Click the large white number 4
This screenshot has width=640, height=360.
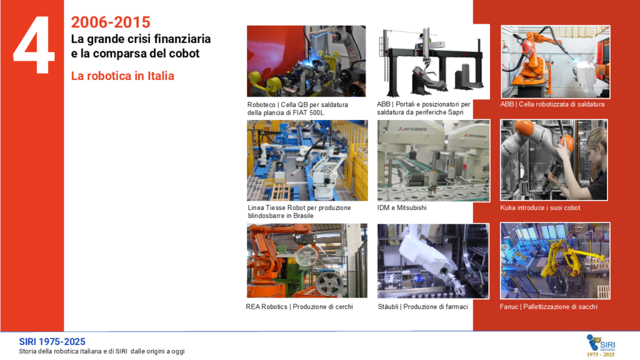click(x=34, y=45)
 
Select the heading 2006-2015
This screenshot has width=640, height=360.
click(x=111, y=22)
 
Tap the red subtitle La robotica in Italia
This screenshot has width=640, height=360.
click(x=122, y=76)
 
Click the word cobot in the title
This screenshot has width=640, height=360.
click(x=186, y=54)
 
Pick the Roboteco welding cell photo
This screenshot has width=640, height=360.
click(x=306, y=61)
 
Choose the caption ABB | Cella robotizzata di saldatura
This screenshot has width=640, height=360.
click(x=552, y=104)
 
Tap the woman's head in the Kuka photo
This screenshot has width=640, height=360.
click(x=596, y=141)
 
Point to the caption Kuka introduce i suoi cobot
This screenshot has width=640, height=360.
click(x=540, y=207)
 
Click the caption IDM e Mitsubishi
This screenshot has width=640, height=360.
click(x=402, y=207)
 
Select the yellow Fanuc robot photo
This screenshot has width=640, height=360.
click(x=555, y=261)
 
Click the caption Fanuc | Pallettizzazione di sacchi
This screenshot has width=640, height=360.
click(x=548, y=306)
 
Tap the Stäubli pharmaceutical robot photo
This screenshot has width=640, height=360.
click(x=433, y=261)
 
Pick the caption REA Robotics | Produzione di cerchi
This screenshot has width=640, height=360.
click(x=299, y=306)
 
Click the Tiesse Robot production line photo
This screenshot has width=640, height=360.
click(x=307, y=161)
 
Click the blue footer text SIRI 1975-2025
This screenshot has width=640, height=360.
click(x=52, y=342)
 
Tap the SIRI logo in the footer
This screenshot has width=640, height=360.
click(x=601, y=345)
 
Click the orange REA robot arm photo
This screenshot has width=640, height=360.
click(x=307, y=261)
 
